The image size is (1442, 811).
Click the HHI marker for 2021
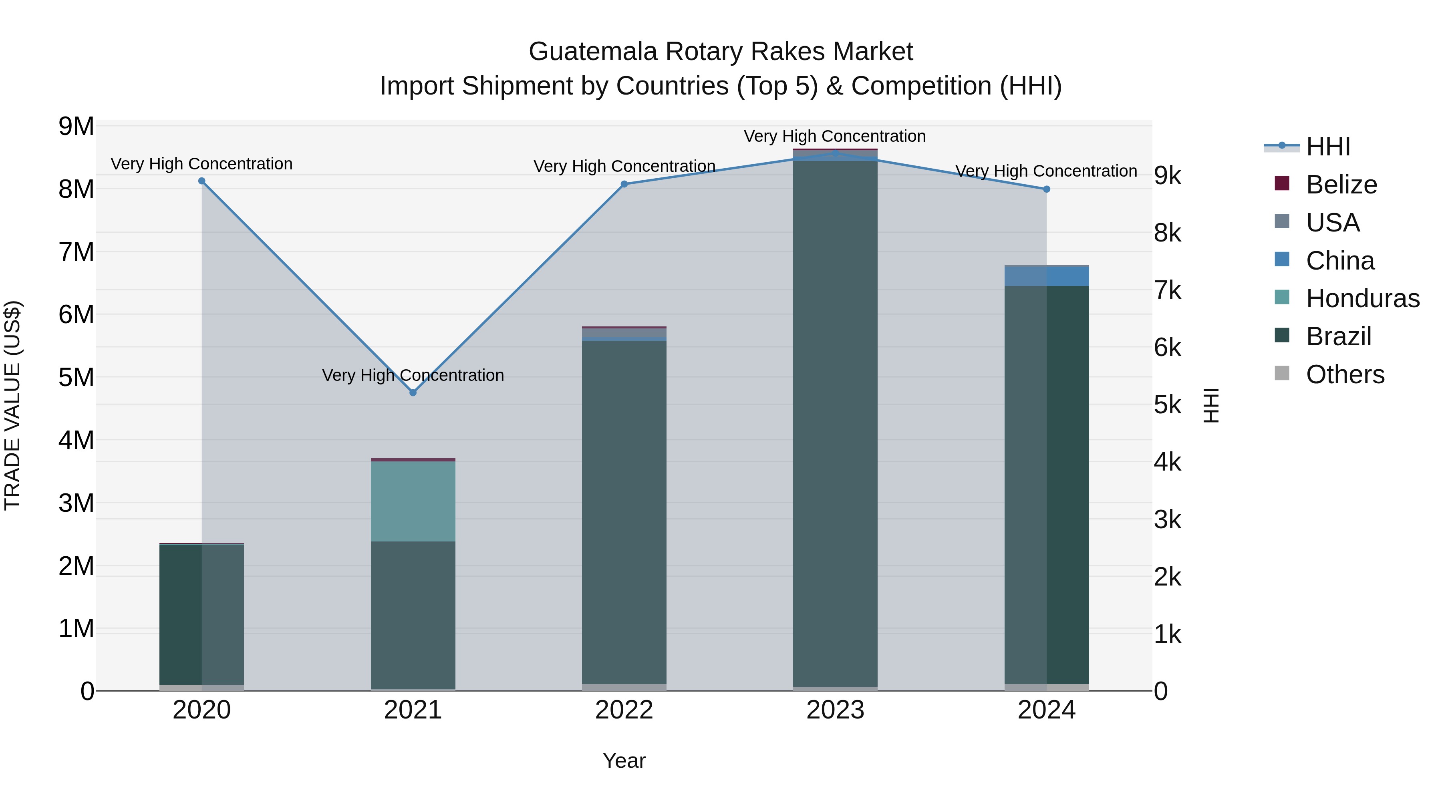pyautogui.click(x=413, y=392)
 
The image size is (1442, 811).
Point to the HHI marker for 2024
pyautogui.click(x=1046, y=189)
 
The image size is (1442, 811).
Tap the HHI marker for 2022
pyautogui.click(x=624, y=184)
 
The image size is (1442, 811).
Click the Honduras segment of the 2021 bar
pyautogui.click(x=413, y=501)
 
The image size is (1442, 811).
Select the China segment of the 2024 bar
pyautogui.click(x=1046, y=276)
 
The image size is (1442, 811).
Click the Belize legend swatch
pyautogui.click(x=1281, y=183)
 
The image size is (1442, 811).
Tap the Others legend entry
pyautogui.click(x=1345, y=374)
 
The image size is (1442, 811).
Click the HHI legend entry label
pyautogui.click(x=1328, y=147)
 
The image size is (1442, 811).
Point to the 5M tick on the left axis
pyautogui.click(x=76, y=378)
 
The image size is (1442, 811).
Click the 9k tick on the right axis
pyautogui.click(x=1168, y=176)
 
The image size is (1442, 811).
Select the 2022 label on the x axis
pyautogui.click(x=624, y=710)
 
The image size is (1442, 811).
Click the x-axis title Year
pyautogui.click(x=624, y=761)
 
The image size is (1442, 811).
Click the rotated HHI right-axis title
pyautogui.click(x=1211, y=405)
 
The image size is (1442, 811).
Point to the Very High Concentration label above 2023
pyautogui.click(x=835, y=136)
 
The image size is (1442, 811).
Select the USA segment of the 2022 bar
pyautogui.click(x=624, y=333)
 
